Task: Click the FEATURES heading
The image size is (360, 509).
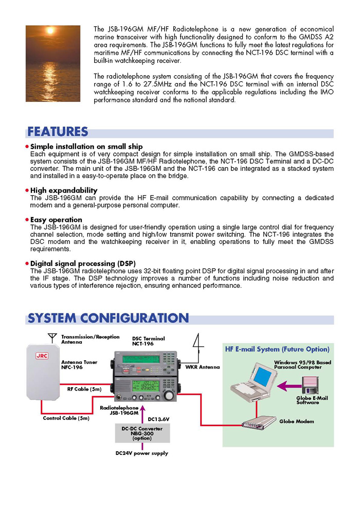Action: (x=58, y=132)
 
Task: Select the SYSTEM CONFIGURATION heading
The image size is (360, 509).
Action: (x=108, y=318)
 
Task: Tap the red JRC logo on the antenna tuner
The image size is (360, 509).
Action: (x=42, y=355)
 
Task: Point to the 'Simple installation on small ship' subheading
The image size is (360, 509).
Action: (x=86, y=147)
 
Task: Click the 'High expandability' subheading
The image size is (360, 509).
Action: (x=64, y=190)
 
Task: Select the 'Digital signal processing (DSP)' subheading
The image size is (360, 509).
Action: (x=83, y=264)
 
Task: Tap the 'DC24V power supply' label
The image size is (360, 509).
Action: (x=141, y=453)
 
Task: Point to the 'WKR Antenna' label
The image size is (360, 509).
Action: (x=202, y=367)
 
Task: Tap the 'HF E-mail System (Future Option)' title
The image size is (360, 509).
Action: (x=277, y=349)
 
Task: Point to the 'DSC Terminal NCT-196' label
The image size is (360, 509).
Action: (x=149, y=341)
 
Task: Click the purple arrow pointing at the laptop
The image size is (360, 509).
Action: (x=288, y=385)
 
